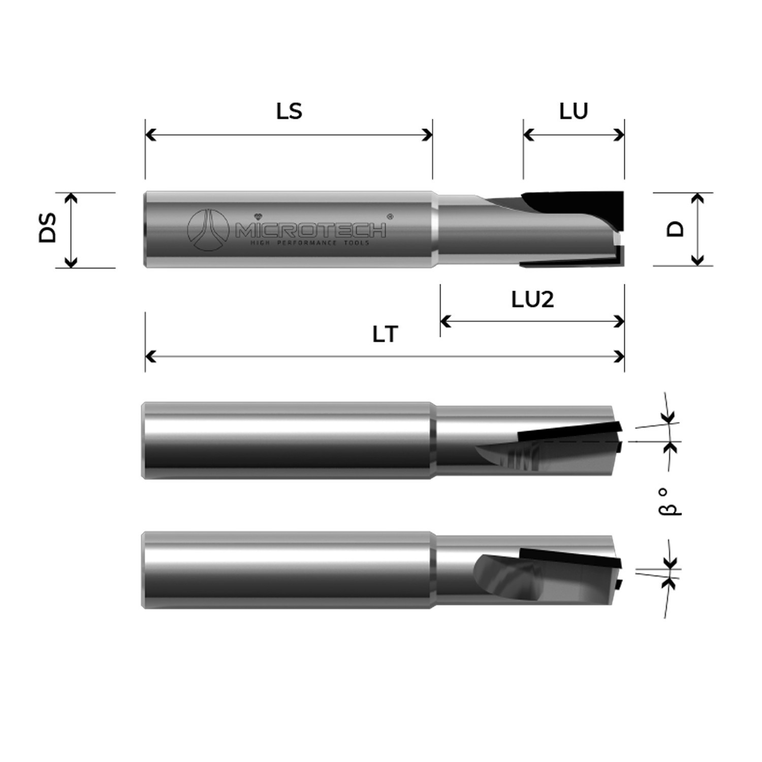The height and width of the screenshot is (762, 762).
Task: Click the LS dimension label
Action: [289, 111]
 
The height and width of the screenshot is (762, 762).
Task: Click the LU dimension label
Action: [574, 111]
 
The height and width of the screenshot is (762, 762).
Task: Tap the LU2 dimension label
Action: [532, 300]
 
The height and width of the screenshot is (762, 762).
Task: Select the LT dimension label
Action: [385, 335]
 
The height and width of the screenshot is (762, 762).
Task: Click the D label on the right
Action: [675, 229]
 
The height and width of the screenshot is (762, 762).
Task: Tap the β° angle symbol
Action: [670, 502]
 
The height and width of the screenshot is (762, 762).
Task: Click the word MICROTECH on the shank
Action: [310, 231]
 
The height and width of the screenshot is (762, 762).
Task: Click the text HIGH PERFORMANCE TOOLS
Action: [310, 243]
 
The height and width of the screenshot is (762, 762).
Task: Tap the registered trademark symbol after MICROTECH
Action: [390, 216]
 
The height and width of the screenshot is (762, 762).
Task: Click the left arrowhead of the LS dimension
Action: [149, 135]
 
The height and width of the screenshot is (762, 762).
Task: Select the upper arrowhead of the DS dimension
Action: [71, 197]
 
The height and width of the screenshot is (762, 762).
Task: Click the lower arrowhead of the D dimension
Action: [698, 261]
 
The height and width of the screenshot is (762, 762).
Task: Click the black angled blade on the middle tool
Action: [569, 431]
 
